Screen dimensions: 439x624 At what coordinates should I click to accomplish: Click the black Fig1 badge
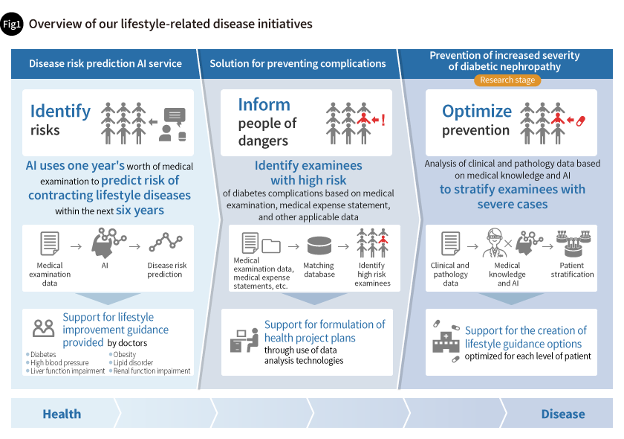click(x=13, y=25)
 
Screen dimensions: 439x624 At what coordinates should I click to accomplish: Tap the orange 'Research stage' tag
click(x=507, y=80)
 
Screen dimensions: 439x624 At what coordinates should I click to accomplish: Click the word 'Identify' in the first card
click(x=60, y=111)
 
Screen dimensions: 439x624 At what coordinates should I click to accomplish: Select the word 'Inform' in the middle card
click(x=264, y=105)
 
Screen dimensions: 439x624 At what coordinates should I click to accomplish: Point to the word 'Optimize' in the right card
click(x=476, y=111)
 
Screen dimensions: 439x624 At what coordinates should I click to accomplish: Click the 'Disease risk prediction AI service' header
click(x=105, y=63)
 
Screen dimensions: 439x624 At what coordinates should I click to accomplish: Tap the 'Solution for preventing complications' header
click(x=298, y=63)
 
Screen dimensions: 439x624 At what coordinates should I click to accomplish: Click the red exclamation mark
click(x=383, y=119)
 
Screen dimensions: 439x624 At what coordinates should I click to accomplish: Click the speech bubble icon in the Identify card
click(x=175, y=116)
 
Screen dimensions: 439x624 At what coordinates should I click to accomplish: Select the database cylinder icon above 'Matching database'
click(x=319, y=245)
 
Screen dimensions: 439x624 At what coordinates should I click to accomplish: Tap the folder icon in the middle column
click(x=271, y=245)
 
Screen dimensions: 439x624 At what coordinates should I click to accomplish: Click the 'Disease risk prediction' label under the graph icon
click(x=167, y=269)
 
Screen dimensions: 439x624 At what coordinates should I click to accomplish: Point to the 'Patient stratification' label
click(x=572, y=269)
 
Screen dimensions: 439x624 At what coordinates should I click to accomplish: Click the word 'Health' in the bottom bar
click(x=62, y=414)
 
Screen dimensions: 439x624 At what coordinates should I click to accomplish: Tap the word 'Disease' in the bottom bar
click(x=562, y=414)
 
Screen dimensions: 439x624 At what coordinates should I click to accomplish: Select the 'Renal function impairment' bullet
click(x=152, y=371)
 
